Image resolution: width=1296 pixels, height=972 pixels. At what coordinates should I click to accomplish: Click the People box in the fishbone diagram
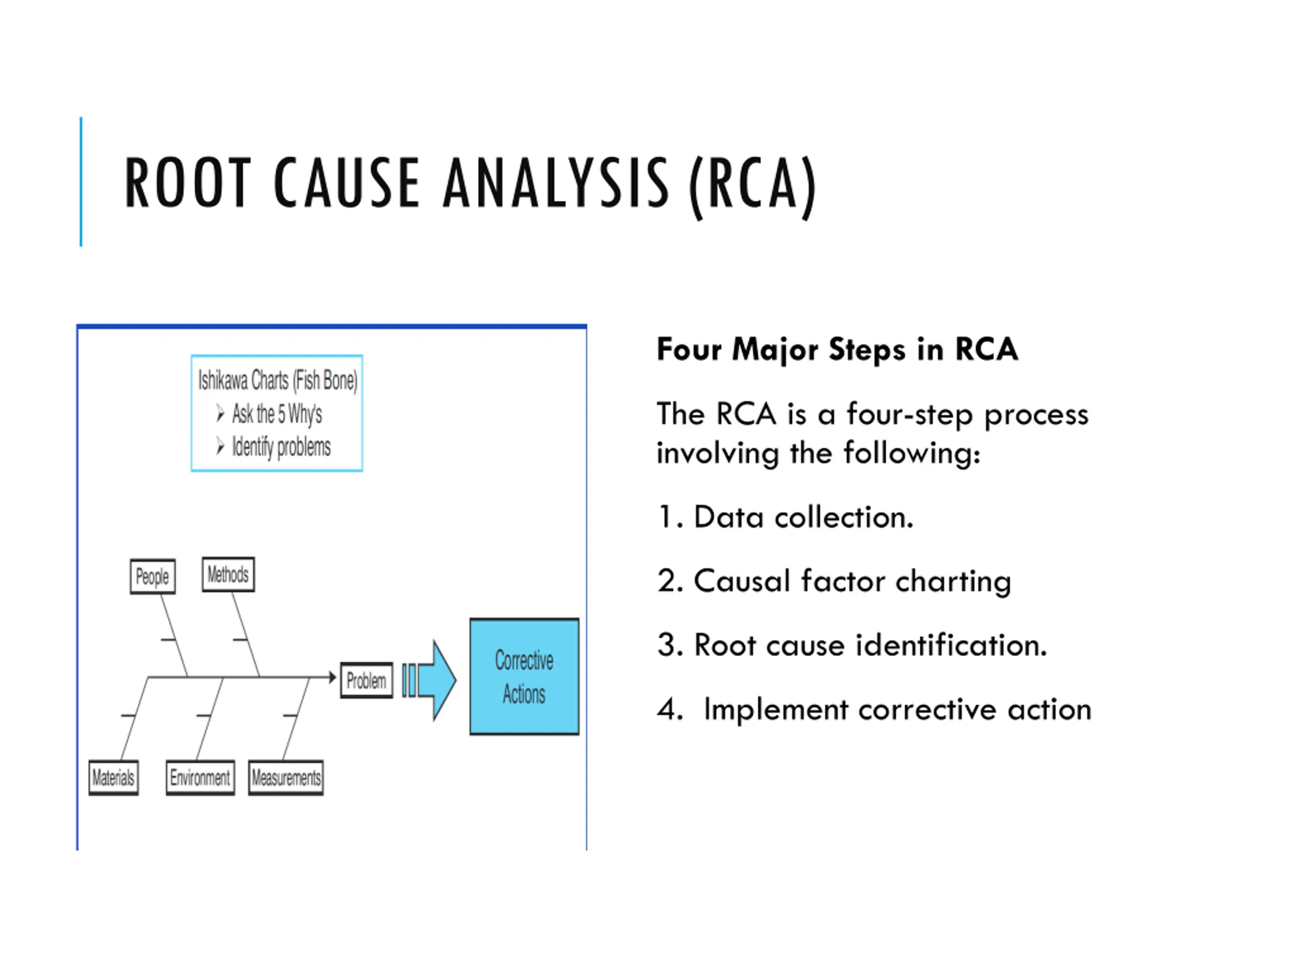(152, 577)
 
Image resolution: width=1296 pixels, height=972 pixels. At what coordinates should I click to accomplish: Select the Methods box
(228, 574)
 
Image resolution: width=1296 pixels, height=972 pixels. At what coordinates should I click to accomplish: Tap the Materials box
(113, 778)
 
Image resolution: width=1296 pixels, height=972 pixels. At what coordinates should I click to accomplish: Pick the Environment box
(200, 778)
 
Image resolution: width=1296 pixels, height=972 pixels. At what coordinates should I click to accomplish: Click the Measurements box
(286, 778)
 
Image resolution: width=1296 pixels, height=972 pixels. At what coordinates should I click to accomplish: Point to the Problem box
(366, 680)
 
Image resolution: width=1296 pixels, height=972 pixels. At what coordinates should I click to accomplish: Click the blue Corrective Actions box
(524, 676)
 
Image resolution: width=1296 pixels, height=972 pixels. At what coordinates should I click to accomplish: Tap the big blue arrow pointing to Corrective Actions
(436, 679)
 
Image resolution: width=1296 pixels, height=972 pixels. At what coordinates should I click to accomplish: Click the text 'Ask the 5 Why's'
(276, 414)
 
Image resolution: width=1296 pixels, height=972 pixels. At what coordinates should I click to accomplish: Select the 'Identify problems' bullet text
(281, 447)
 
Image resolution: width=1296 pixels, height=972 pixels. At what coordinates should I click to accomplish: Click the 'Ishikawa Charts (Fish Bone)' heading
(277, 380)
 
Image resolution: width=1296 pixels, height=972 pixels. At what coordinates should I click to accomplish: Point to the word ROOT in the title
(187, 183)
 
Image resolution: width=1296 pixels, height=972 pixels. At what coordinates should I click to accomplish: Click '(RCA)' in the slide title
(752, 184)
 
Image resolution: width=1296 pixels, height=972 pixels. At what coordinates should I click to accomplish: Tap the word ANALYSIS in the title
(555, 183)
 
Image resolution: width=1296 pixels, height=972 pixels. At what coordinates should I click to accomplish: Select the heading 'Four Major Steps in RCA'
(837, 349)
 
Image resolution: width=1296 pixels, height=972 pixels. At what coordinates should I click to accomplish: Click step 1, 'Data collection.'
(785, 517)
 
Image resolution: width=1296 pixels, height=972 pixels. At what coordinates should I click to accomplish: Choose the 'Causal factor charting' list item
(834, 581)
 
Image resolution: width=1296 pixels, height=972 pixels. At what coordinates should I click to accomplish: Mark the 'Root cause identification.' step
(852, 645)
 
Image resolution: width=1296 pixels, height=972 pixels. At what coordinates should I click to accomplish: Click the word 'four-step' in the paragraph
(909, 414)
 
